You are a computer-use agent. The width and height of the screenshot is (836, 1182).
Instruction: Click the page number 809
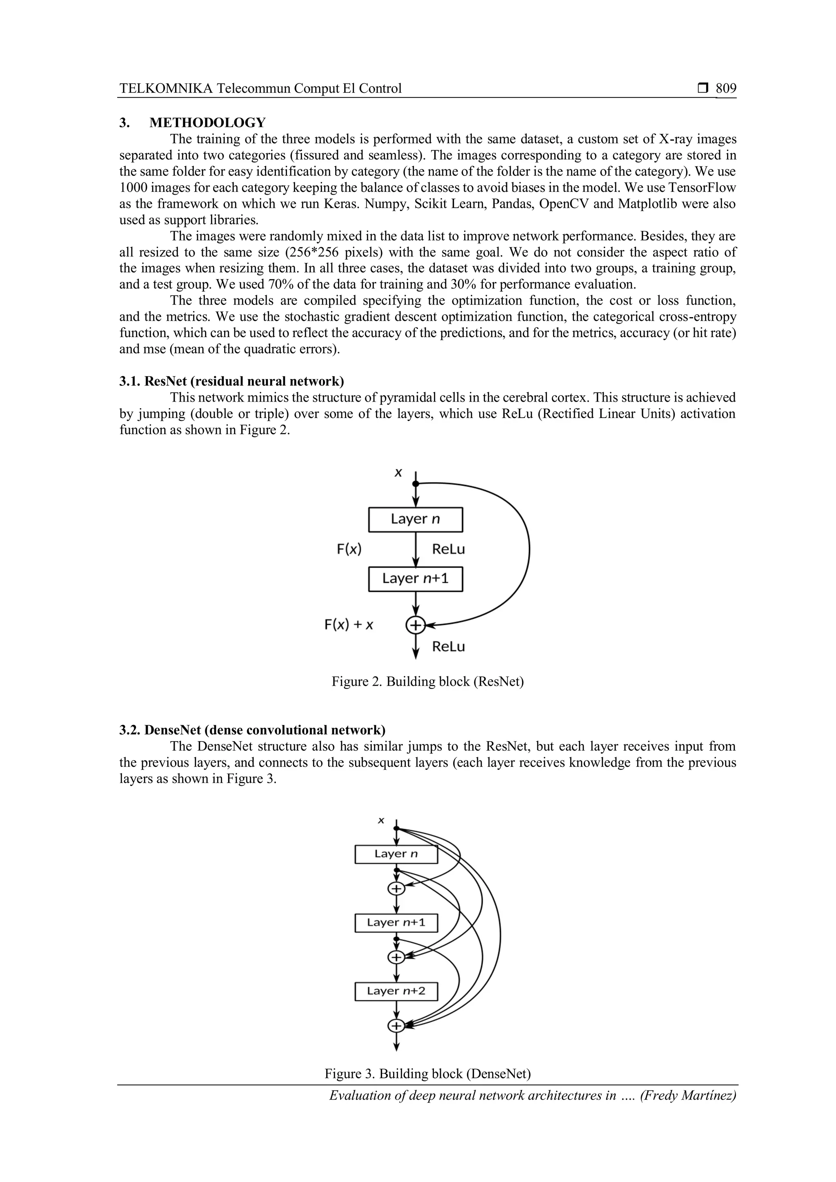(x=726, y=89)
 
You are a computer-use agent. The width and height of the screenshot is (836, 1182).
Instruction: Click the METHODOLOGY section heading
(x=207, y=122)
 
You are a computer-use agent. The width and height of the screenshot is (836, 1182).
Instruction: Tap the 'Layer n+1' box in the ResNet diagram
(x=416, y=579)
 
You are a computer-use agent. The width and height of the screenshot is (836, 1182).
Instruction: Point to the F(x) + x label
(x=349, y=625)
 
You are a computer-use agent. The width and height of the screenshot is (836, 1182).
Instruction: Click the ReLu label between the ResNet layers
(x=448, y=549)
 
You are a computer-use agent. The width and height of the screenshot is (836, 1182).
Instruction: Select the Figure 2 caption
(x=427, y=682)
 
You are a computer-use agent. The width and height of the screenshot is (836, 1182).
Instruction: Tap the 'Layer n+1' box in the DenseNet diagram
(x=396, y=922)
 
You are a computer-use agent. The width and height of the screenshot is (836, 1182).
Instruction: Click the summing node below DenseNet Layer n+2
(x=396, y=1026)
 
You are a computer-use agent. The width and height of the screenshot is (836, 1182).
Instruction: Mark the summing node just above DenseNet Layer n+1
(x=396, y=889)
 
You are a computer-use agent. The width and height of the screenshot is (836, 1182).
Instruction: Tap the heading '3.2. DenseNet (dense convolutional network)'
(x=252, y=730)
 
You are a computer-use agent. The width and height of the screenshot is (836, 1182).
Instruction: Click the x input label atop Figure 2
(x=398, y=473)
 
